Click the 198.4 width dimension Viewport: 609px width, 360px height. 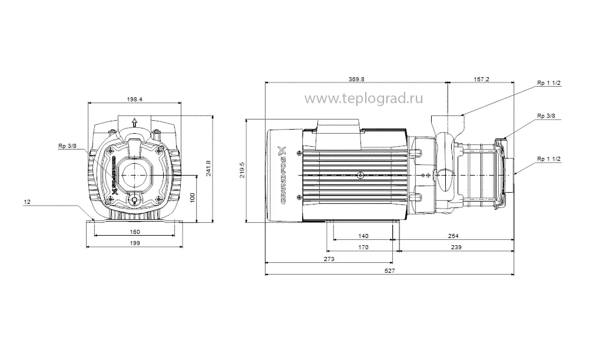click(x=135, y=99)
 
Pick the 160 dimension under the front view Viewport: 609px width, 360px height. click(x=135, y=232)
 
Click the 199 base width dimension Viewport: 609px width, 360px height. click(x=135, y=243)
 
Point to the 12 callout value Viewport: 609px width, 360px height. click(x=27, y=202)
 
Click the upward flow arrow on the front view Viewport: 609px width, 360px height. click(x=135, y=123)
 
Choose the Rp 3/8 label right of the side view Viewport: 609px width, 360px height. click(x=545, y=115)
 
